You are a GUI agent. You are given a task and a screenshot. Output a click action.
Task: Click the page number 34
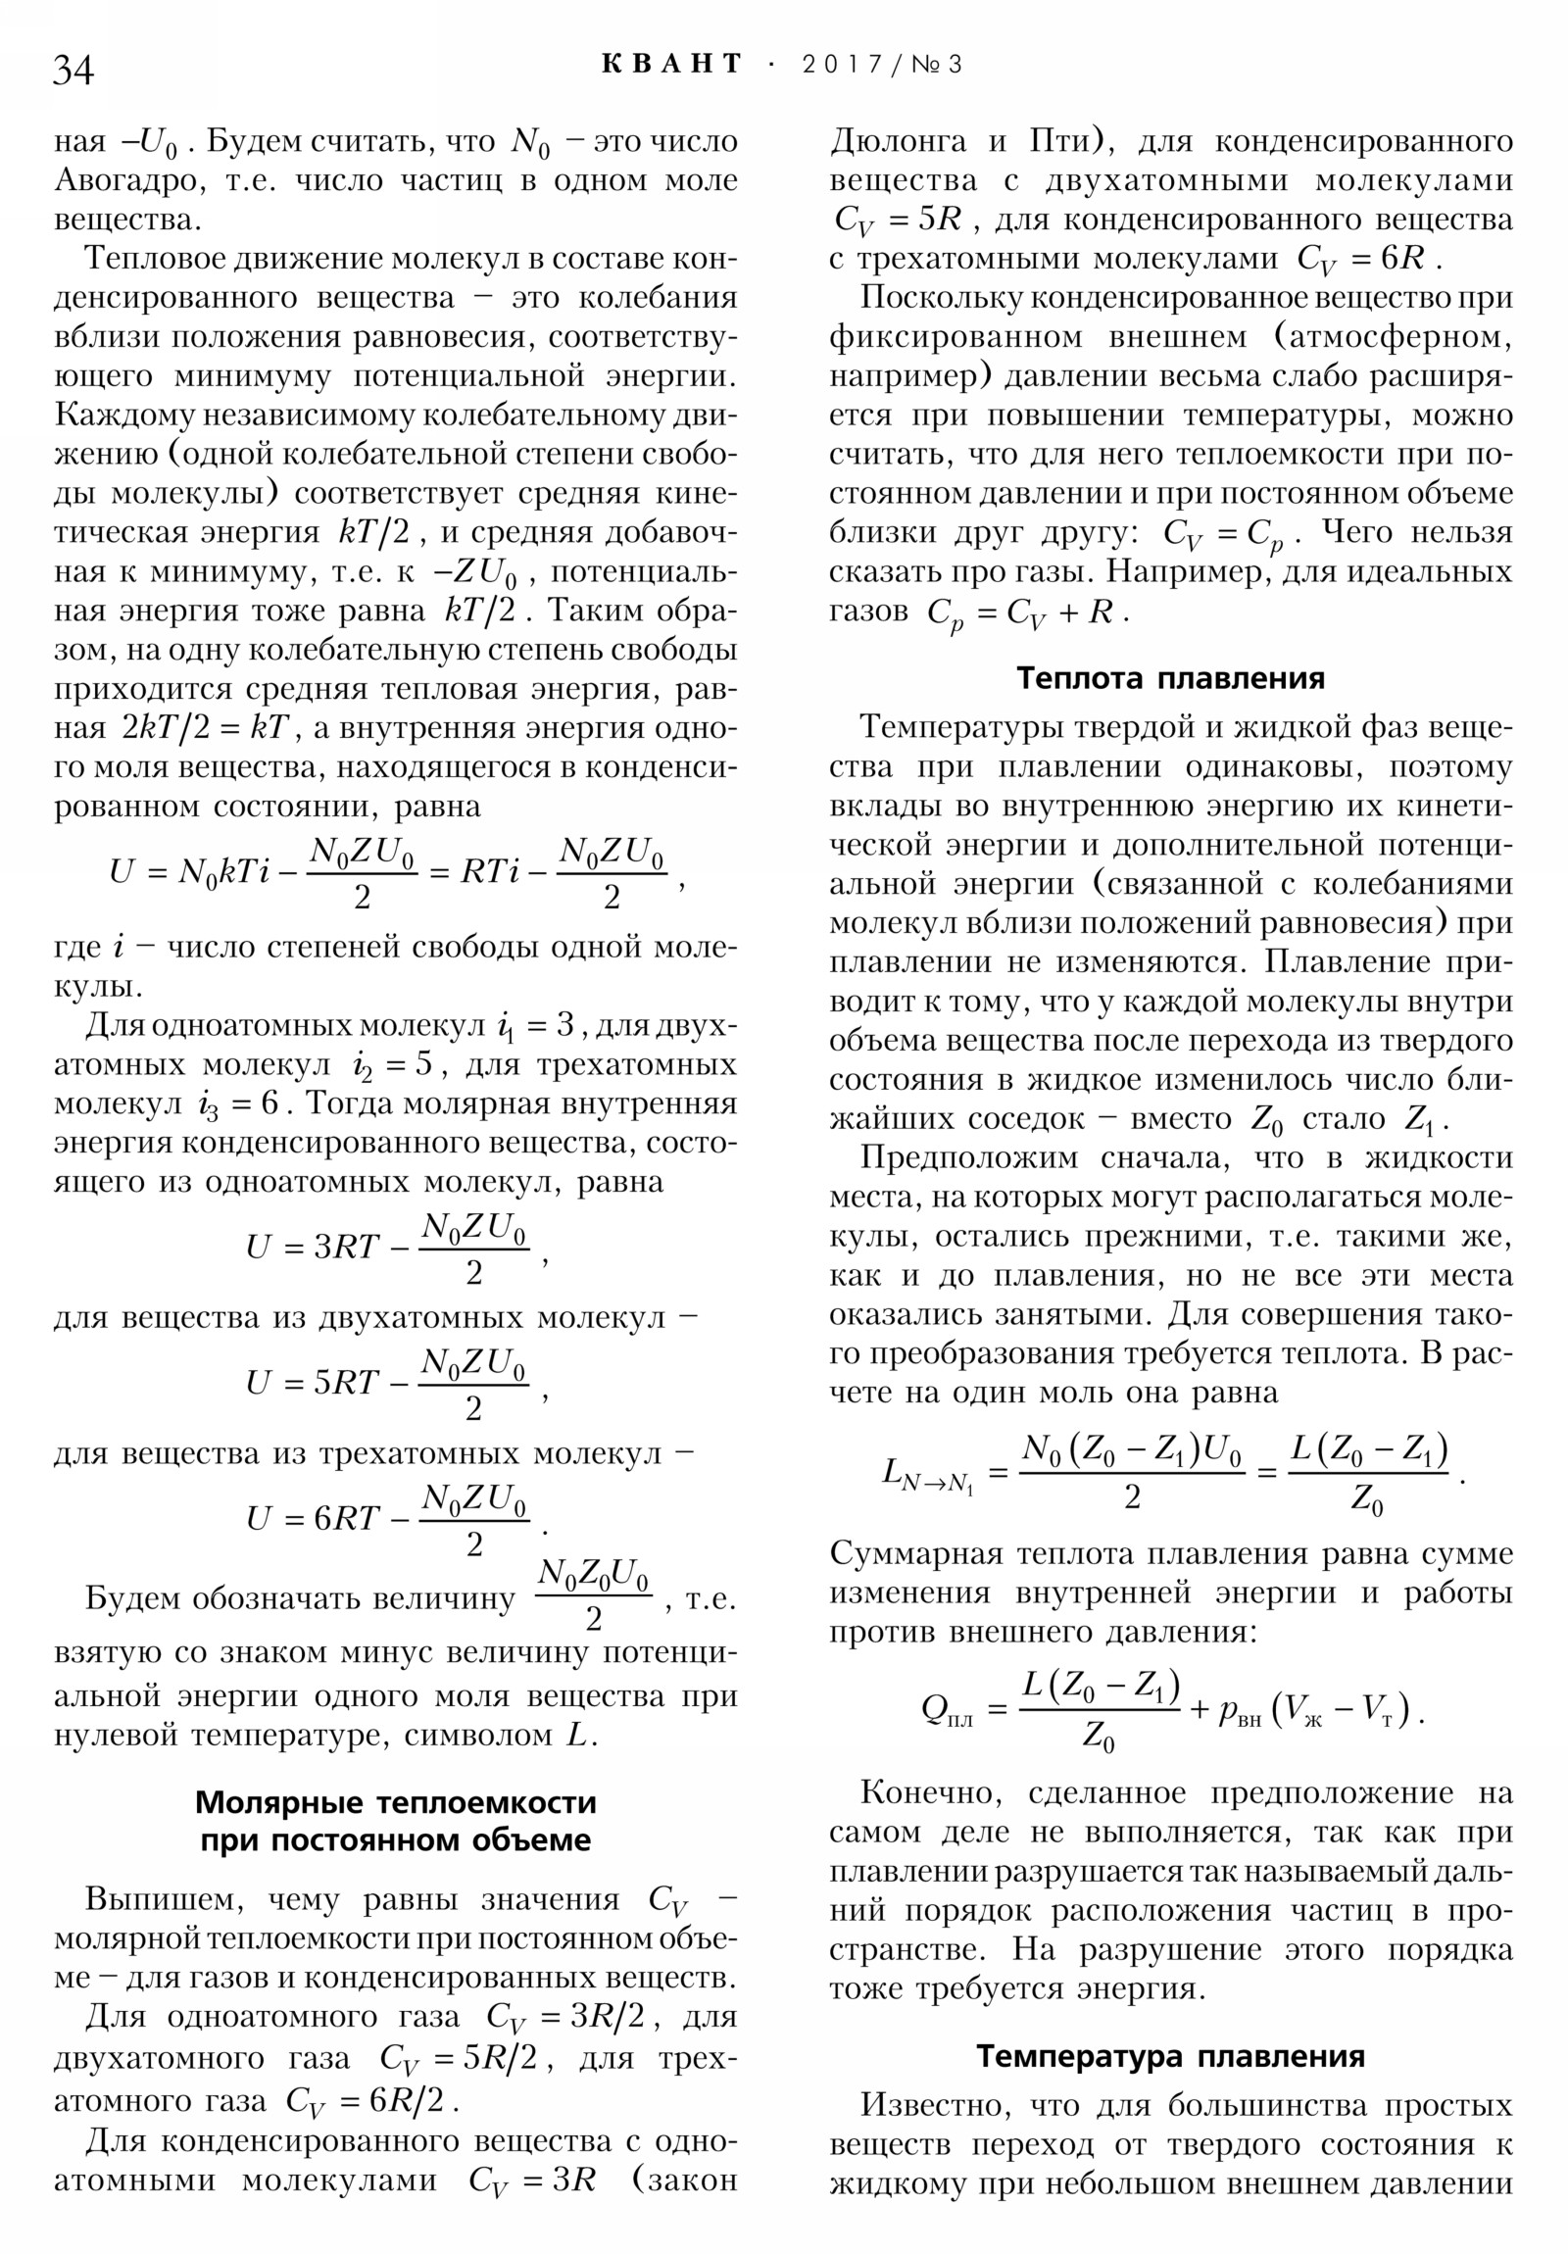click(x=73, y=71)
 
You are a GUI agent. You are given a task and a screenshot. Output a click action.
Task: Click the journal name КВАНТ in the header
click(x=671, y=65)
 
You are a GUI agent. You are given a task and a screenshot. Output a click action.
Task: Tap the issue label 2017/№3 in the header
click(x=882, y=65)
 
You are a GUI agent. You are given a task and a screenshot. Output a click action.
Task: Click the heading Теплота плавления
click(x=1169, y=678)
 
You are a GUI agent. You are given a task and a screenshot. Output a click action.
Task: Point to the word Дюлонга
click(x=898, y=141)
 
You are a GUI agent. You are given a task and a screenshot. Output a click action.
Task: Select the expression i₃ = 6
click(x=236, y=1104)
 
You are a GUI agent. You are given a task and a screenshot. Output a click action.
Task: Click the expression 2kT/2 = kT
click(x=205, y=728)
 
